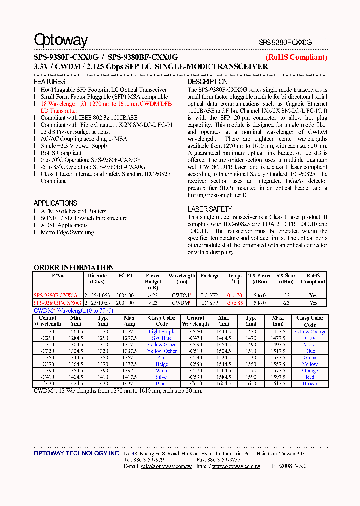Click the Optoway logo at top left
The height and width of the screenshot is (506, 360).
(61, 40)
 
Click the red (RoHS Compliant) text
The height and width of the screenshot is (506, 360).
(296, 57)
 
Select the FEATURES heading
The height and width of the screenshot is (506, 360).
(49, 82)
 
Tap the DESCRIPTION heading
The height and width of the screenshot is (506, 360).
(208, 82)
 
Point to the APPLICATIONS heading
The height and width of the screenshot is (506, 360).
(55, 203)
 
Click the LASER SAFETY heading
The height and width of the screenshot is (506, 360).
(210, 209)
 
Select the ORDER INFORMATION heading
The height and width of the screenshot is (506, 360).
(73, 267)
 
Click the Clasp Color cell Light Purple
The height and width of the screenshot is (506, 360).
(162, 332)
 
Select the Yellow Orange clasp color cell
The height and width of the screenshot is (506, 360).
(310, 332)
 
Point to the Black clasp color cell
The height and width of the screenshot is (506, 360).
(162, 384)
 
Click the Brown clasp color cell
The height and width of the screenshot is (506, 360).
(310, 384)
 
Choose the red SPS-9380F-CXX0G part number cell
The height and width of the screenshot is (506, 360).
(55, 296)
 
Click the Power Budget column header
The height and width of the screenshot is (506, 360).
(153, 281)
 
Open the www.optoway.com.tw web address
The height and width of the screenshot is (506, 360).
(236, 466)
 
